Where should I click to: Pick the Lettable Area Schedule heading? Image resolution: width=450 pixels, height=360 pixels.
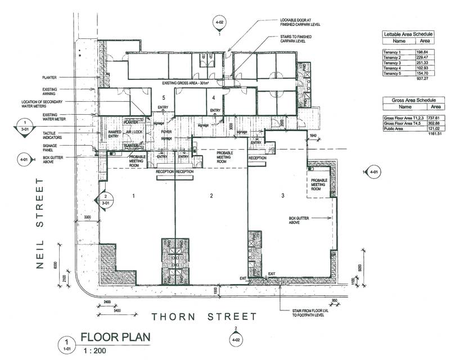411,33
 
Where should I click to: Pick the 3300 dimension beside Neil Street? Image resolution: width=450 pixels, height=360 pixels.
87,217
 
